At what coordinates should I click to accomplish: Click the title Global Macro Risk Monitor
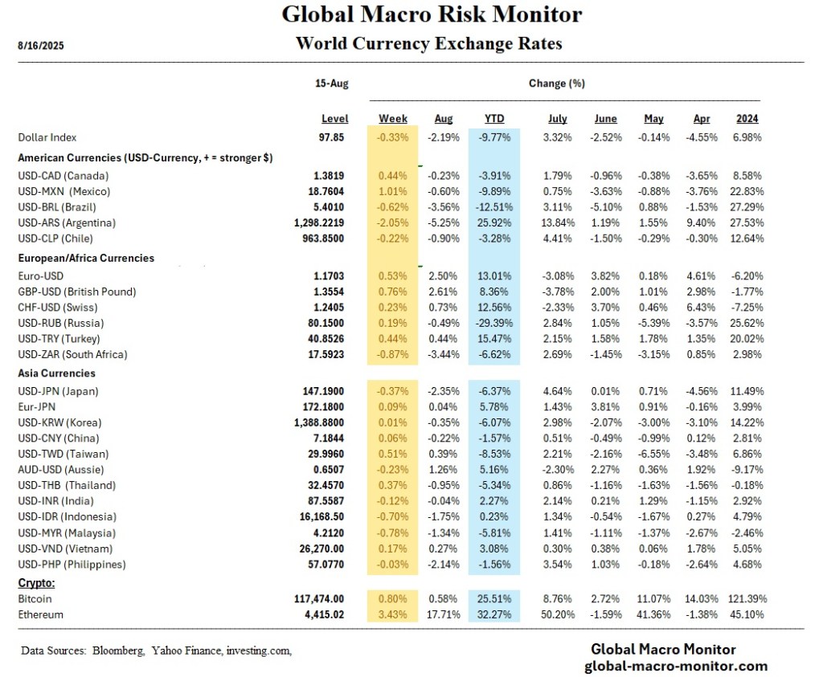[x=431, y=14]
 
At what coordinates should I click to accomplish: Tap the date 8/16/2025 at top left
[x=41, y=46]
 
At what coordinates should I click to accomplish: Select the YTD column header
[x=493, y=119]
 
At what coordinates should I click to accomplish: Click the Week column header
[x=393, y=119]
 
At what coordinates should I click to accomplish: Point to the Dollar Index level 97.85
[x=331, y=137]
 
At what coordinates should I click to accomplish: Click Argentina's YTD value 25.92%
[x=493, y=222]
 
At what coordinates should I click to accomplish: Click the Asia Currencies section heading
[x=56, y=373]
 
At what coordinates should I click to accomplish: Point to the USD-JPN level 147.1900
[x=324, y=391]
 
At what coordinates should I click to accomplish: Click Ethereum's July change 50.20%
[x=557, y=614]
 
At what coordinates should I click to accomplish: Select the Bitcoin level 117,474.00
[x=317, y=599]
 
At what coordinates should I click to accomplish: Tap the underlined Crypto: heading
[x=36, y=581]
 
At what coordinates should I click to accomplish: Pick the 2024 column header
[x=747, y=119]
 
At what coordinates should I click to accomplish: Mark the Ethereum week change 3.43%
[x=393, y=614]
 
